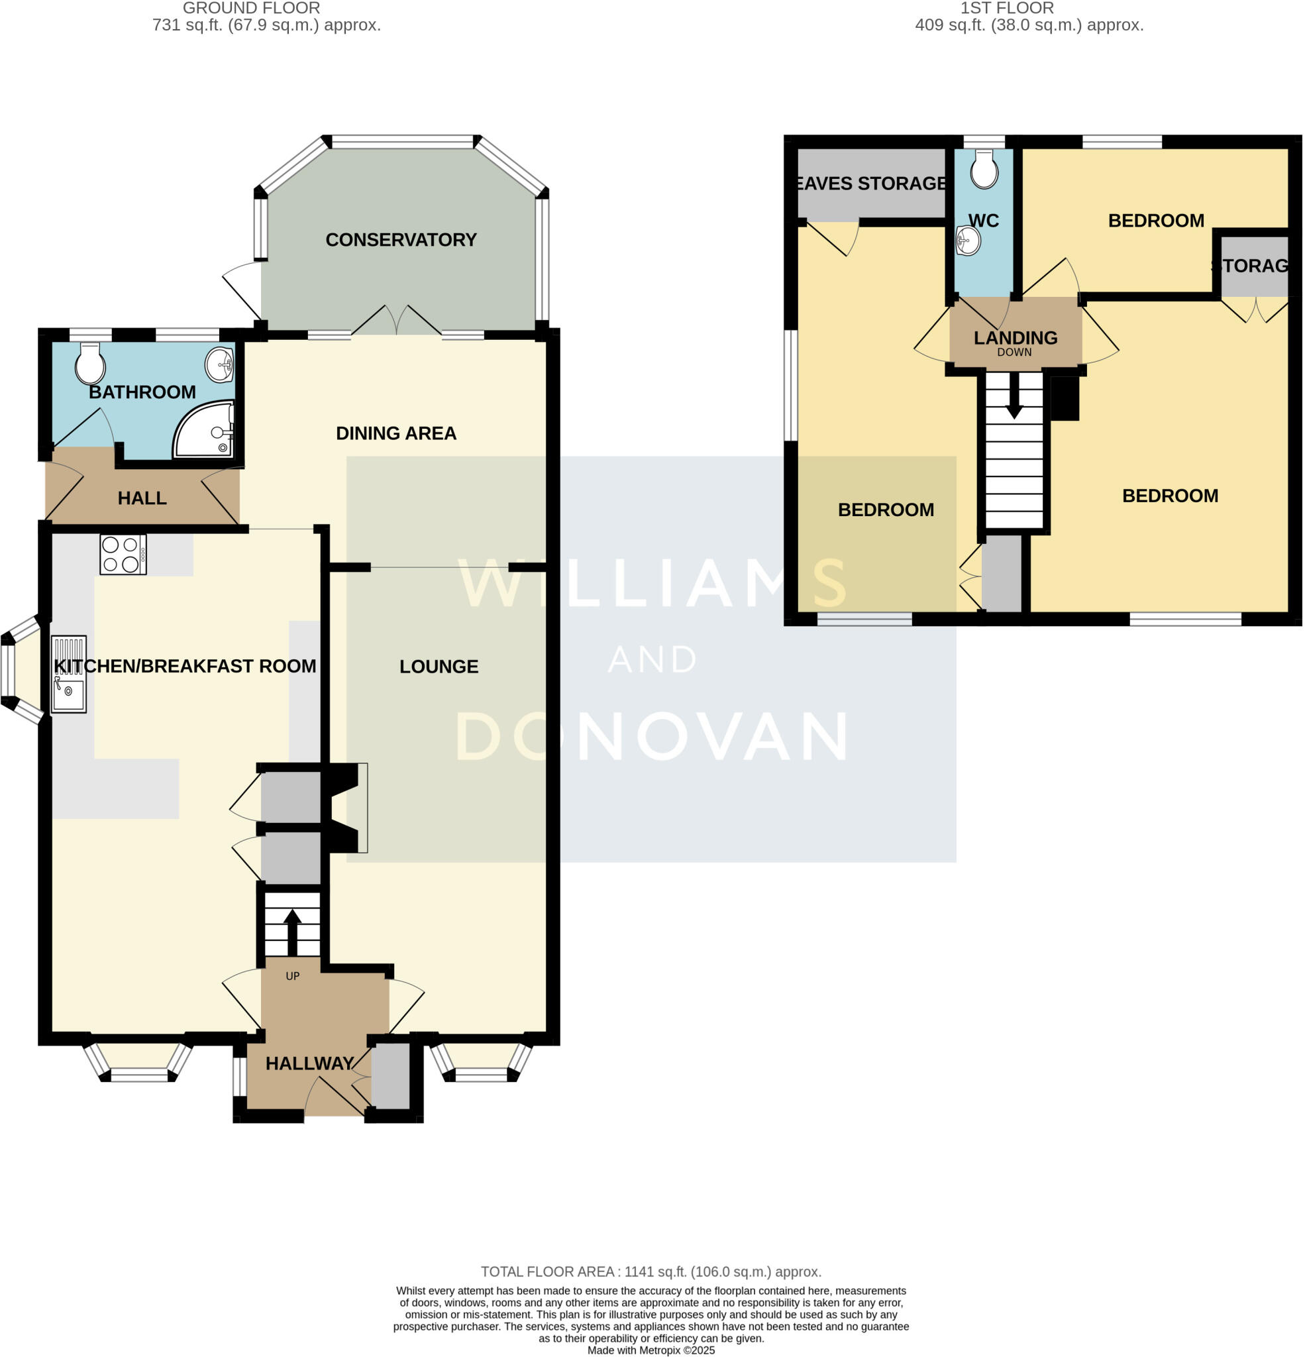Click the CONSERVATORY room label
(x=401, y=240)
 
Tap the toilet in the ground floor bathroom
(x=90, y=364)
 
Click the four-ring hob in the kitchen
(x=123, y=555)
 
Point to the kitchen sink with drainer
(x=68, y=674)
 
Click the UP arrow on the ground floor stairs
(x=292, y=931)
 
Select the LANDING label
(x=1015, y=338)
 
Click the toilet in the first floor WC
(x=984, y=170)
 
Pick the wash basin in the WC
(x=968, y=241)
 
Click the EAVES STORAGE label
(x=871, y=184)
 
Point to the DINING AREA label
(x=396, y=433)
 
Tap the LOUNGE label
(x=439, y=667)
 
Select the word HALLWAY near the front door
(x=309, y=1063)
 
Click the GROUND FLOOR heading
(x=251, y=9)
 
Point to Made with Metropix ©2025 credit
(x=651, y=1350)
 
